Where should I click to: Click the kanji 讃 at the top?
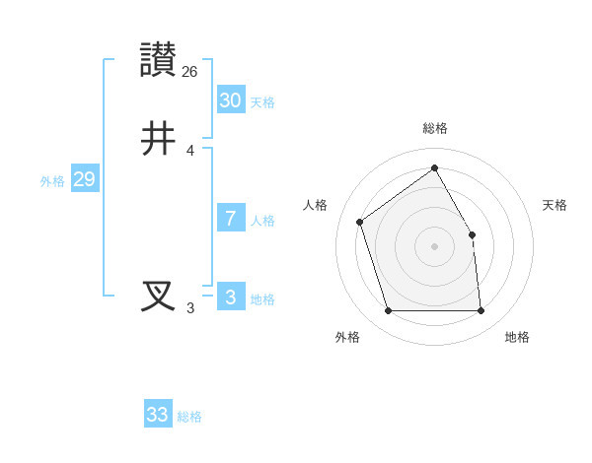[159, 60]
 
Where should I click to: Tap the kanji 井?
[159, 139]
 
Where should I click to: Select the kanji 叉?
[159, 297]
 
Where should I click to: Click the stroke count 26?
[190, 72]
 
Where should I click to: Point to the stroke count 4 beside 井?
[190, 151]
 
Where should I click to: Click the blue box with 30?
[230, 99]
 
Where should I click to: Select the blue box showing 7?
[230, 219]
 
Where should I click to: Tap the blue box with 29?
[84, 179]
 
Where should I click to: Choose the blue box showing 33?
[158, 415]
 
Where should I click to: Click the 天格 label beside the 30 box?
[262, 102]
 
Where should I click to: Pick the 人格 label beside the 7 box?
[262, 221]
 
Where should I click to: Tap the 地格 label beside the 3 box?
[262, 299]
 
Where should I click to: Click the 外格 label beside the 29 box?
[52, 181]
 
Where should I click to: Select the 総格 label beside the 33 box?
[189, 417]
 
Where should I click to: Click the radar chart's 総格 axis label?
[435, 128]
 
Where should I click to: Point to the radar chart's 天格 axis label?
[555, 205]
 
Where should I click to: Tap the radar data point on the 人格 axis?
[360, 222]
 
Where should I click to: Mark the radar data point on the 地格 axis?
[481, 311]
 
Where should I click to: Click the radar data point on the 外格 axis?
[388, 311]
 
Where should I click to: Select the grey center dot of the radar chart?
[435, 246]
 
